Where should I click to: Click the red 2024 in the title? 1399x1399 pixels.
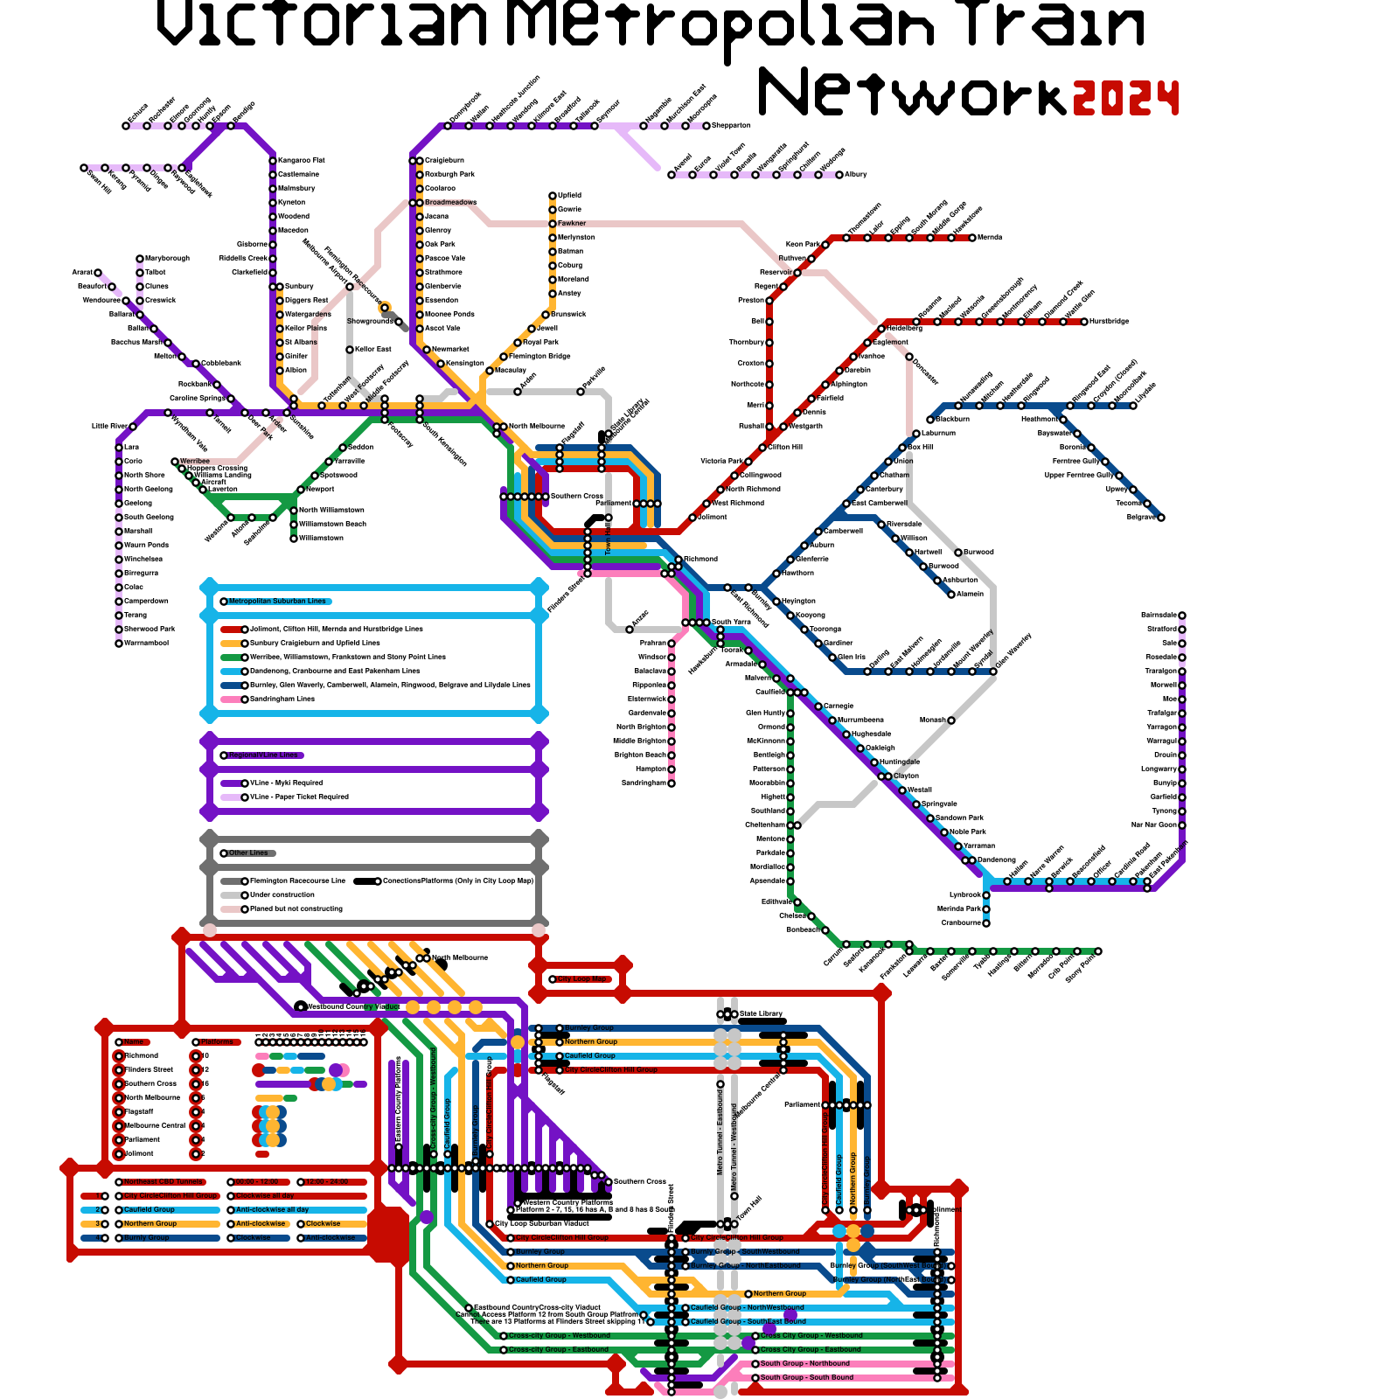1126,98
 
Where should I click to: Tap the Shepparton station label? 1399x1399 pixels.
732,126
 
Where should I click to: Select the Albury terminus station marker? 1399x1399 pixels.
839,175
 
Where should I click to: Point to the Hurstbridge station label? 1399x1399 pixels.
1110,322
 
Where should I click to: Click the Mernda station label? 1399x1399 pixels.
990,238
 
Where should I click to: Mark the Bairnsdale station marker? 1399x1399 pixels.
1182,616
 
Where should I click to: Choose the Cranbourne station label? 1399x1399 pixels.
961,923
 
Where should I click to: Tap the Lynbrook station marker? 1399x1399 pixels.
986,895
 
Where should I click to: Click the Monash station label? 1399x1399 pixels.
933,720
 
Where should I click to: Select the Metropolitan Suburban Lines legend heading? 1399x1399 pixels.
277,602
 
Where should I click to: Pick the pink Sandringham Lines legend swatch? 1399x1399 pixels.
231,699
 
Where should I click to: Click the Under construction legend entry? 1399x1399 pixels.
282,895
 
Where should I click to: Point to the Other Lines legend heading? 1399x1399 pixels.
248,853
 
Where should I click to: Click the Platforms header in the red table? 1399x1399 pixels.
219,1042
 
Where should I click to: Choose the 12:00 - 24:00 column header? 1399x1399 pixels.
327,1182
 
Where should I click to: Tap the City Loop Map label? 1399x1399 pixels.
583,979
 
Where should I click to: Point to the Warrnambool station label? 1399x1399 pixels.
146,644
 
